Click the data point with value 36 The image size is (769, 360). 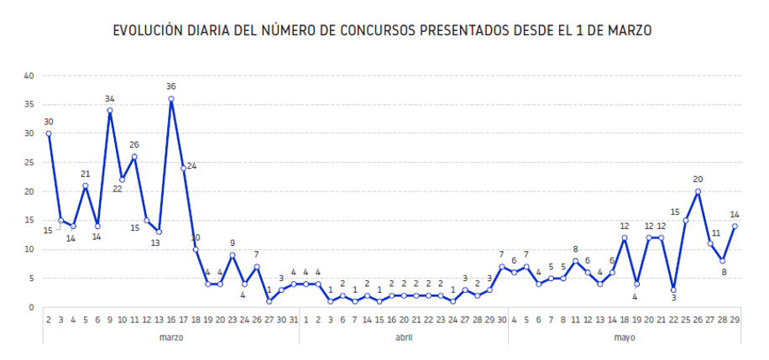[171, 99]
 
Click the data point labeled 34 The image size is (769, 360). [110, 110]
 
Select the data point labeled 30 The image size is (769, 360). [49, 133]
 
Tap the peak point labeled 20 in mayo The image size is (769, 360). [698, 191]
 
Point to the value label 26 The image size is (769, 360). [134, 144]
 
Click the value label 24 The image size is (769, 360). [191, 166]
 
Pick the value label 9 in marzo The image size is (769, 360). [233, 243]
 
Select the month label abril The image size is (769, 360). [404, 337]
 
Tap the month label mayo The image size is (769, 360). [625, 337]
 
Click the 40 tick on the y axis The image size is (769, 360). [29, 76]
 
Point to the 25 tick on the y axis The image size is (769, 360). [29, 162]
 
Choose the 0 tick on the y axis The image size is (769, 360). [31, 307]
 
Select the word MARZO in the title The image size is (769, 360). [630, 30]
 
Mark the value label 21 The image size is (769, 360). [86, 174]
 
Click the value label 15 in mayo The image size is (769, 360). [675, 211]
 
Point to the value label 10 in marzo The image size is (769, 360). [196, 237]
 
